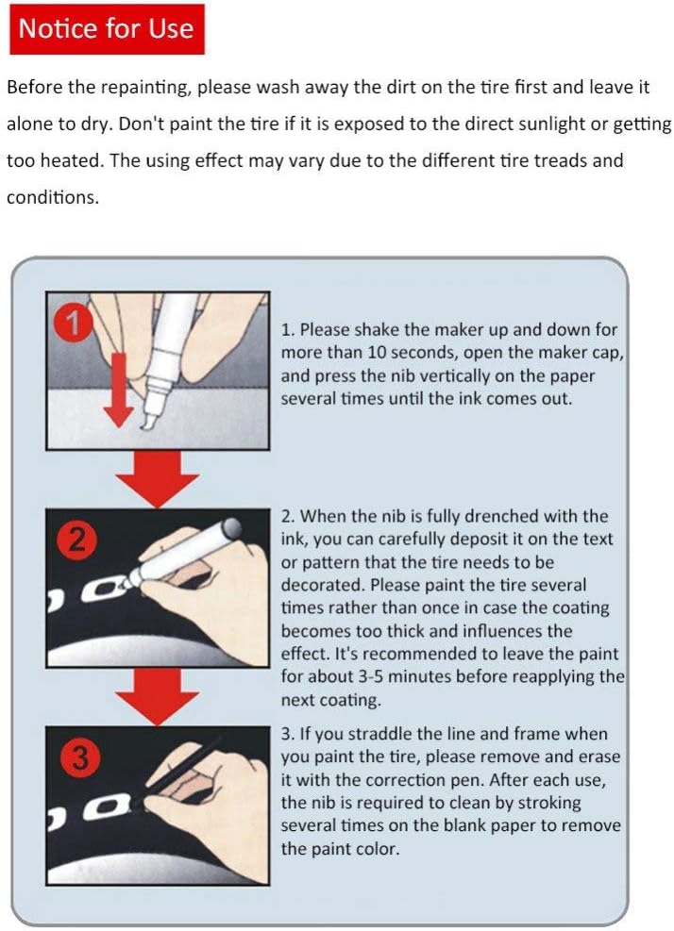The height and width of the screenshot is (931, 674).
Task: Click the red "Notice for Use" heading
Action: click(x=107, y=29)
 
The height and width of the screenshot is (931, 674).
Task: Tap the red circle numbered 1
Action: click(x=73, y=324)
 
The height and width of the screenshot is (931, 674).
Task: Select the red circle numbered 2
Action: click(x=76, y=540)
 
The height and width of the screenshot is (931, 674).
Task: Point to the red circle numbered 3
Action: click(x=79, y=757)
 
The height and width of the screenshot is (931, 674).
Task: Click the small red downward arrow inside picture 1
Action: click(x=119, y=391)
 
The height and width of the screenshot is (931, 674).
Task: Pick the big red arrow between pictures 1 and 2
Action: click(x=158, y=479)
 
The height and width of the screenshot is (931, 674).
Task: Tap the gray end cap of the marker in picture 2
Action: click(x=231, y=528)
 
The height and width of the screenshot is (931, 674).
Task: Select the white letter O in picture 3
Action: click(x=107, y=806)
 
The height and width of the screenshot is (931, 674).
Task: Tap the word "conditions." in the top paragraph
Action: click(x=52, y=197)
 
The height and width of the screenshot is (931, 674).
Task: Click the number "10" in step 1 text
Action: click(x=377, y=353)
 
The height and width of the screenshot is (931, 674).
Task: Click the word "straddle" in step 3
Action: click(x=380, y=734)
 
